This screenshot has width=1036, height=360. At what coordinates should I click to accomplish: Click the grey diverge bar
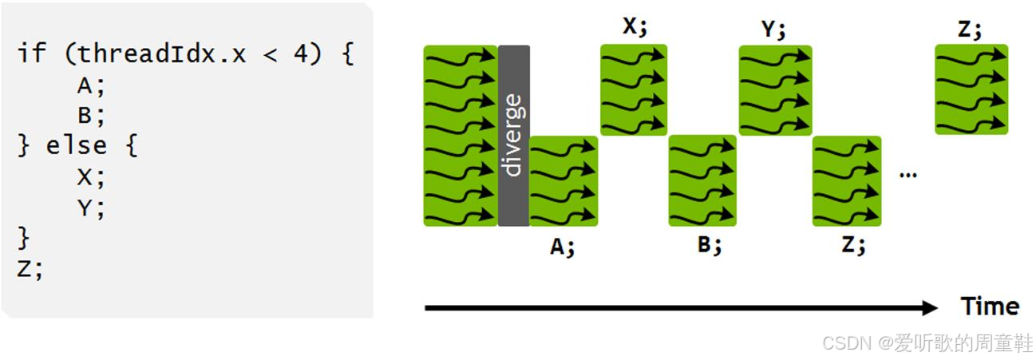click(513, 135)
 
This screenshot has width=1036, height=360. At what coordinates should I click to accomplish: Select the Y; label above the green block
click(773, 30)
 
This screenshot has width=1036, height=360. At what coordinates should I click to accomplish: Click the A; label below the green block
click(563, 247)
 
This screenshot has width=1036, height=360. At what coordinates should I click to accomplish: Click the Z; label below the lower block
click(853, 244)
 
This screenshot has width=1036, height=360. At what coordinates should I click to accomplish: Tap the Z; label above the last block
click(970, 30)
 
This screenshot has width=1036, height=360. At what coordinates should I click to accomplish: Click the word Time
click(990, 307)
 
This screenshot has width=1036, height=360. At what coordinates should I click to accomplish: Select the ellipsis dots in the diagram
click(907, 174)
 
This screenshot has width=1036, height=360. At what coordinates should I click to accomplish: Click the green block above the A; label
click(563, 180)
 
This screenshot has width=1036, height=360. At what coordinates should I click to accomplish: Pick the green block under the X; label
click(634, 89)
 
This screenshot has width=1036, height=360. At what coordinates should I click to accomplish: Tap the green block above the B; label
click(703, 180)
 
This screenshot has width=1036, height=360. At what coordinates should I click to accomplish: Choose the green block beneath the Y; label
click(775, 89)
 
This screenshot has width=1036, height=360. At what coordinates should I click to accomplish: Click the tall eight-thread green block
click(461, 135)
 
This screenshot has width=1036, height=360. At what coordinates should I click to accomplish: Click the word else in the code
click(77, 146)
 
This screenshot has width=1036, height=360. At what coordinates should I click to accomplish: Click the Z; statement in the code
click(30, 268)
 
